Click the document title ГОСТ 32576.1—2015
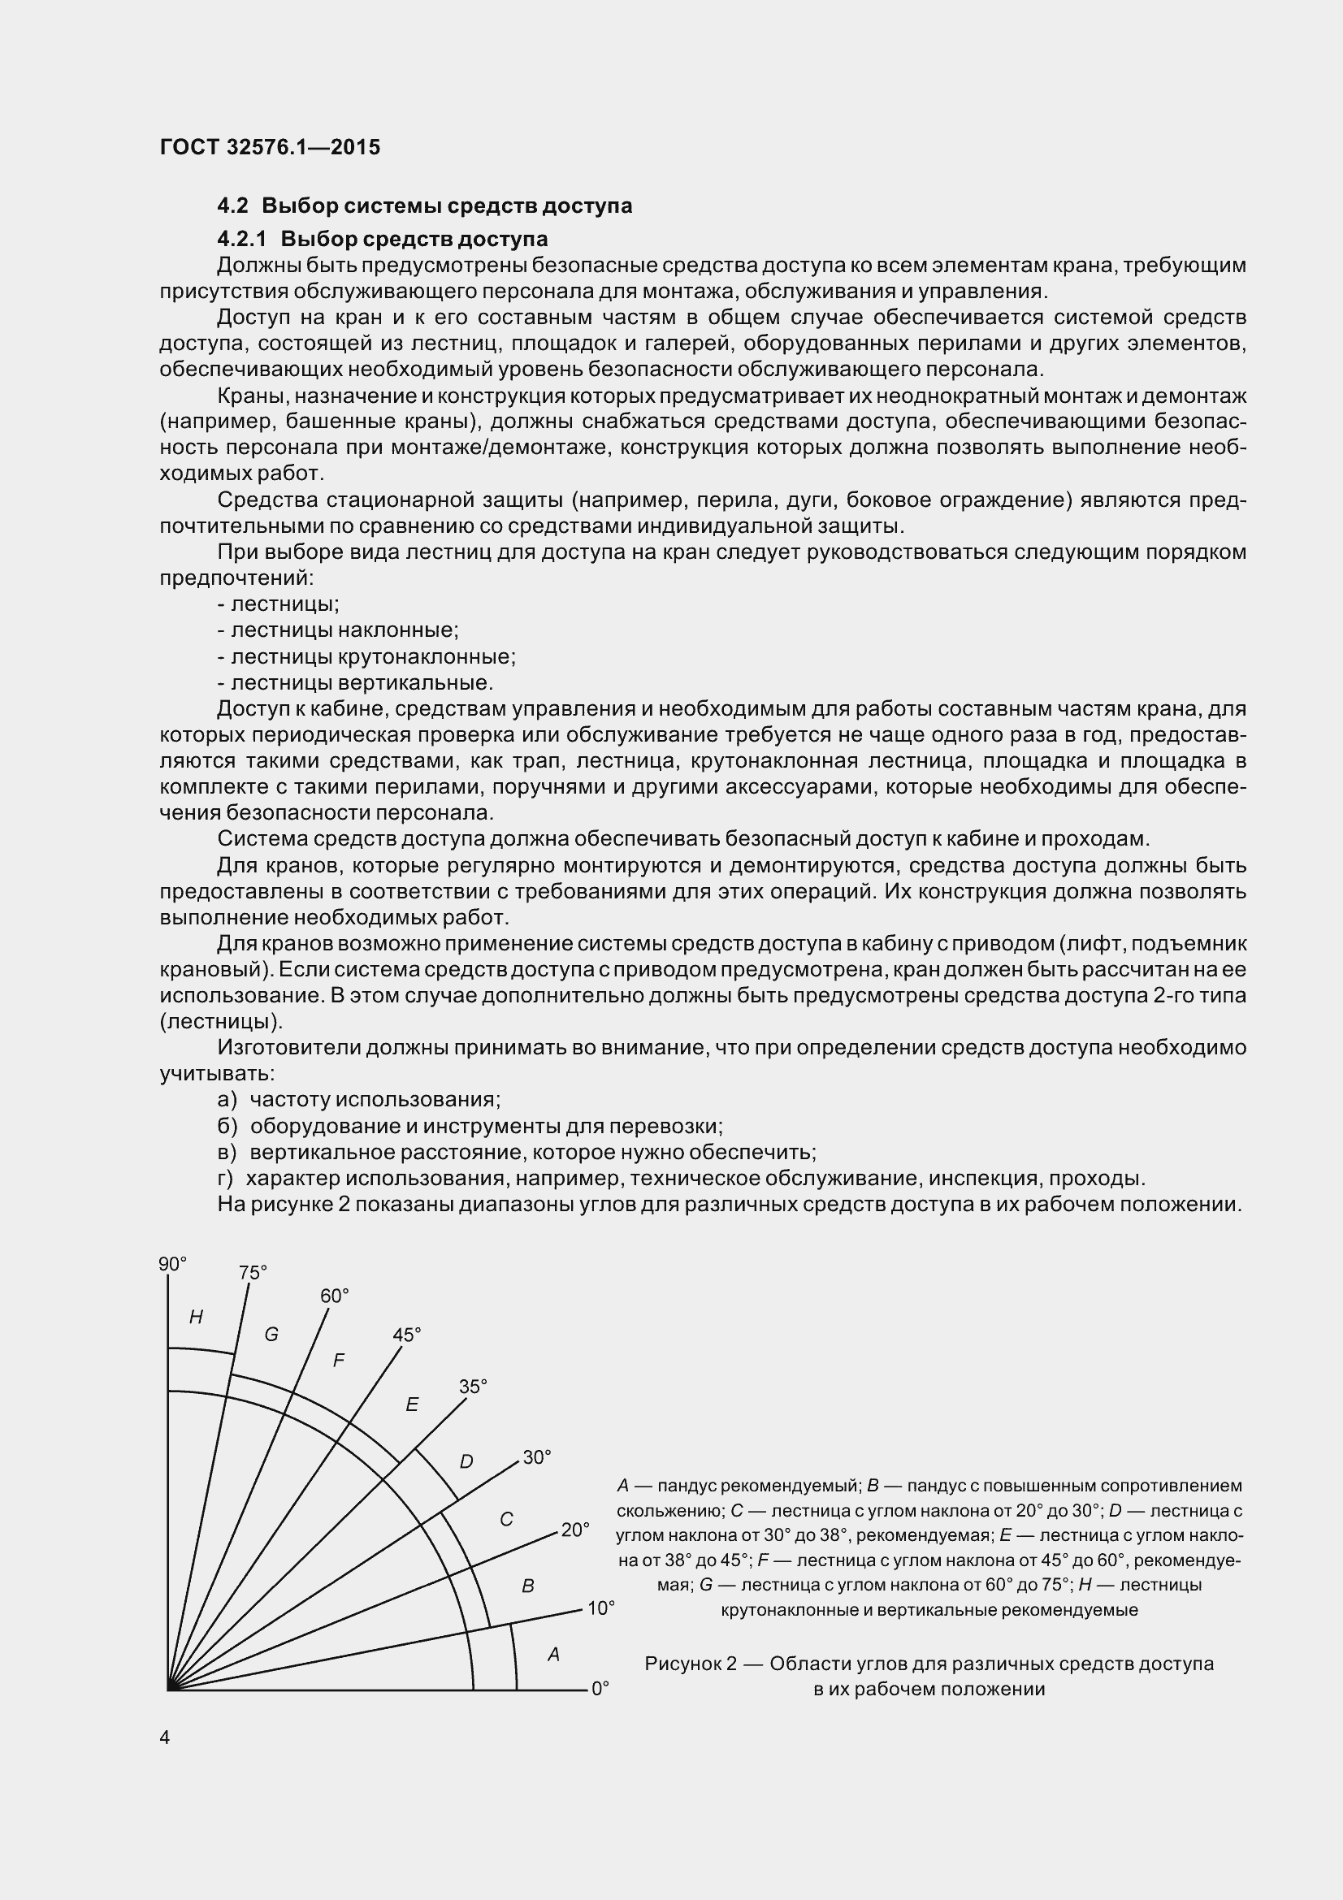point(270,147)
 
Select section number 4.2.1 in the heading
point(241,239)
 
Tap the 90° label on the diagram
point(173,1264)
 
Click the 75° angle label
point(253,1273)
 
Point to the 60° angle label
point(334,1296)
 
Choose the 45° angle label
point(406,1335)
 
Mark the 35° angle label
point(473,1387)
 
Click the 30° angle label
point(537,1458)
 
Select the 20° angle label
point(575,1530)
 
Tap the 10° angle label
point(600,1608)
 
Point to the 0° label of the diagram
point(600,1688)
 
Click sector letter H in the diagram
point(196,1318)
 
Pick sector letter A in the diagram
point(553,1654)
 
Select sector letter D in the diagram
point(466,1462)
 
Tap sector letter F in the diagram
point(339,1361)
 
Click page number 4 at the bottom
point(165,1738)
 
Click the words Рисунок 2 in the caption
point(690,1664)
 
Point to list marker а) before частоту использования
point(227,1100)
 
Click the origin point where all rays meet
point(169,1688)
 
